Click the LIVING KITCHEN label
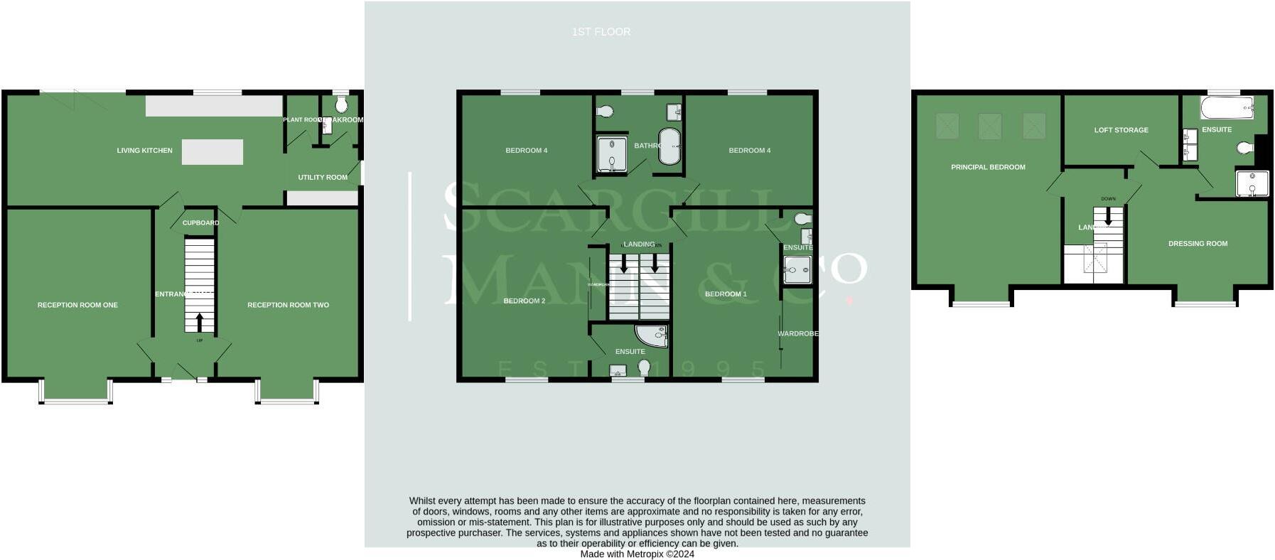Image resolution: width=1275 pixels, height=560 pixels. [144, 151]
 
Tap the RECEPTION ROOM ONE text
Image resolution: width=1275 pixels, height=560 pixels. [77, 305]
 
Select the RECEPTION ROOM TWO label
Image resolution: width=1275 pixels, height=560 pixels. [288, 305]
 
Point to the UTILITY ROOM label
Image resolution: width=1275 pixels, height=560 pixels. [323, 178]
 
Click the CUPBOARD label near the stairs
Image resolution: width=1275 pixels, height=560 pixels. [200, 223]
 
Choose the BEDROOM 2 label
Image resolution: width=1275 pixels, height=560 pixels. [524, 301]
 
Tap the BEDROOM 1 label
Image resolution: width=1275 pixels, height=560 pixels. [726, 294]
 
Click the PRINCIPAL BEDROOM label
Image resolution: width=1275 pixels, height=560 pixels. [988, 168]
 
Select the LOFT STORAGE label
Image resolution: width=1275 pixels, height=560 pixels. [1121, 130]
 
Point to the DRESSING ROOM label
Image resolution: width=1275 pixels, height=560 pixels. [1198, 244]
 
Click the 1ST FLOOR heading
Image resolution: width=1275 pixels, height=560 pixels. [601, 32]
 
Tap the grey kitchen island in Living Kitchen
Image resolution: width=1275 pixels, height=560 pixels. [212, 152]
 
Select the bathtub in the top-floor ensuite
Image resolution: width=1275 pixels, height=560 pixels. [1227, 109]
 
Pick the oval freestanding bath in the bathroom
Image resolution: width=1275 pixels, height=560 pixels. [669, 146]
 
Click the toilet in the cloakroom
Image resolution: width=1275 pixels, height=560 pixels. [341, 105]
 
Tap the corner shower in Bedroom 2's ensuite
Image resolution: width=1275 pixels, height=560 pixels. [652, 336]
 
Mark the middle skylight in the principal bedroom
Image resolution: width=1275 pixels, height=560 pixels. [990, 126]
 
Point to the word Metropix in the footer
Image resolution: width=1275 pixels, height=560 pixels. [645, 554]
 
